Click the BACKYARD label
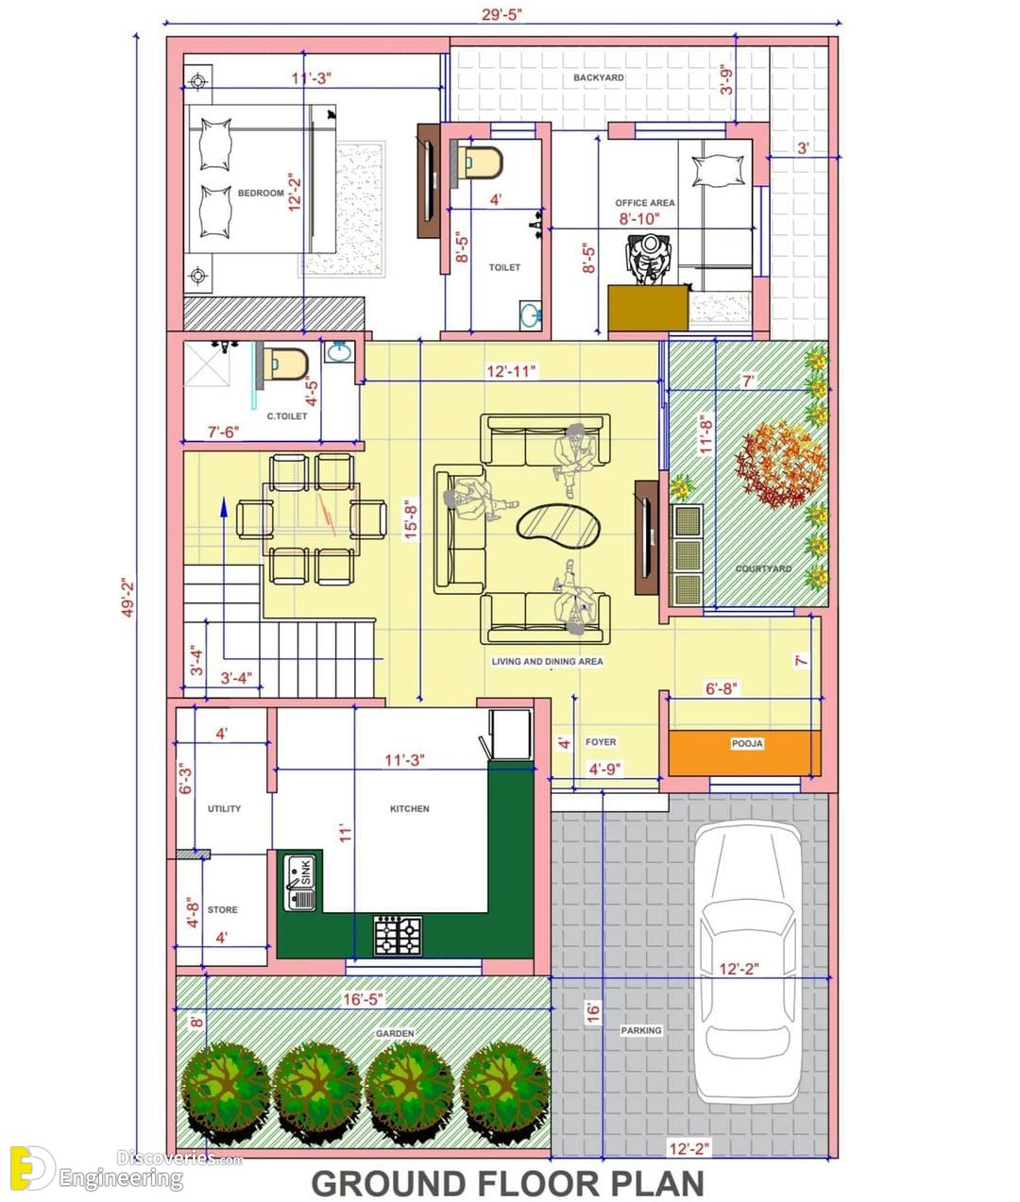pos(599,77)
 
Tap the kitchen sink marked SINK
pos(300,882)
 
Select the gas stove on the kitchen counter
pos(398,936)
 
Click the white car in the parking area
pos(748,961)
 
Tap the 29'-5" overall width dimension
pos(501,14)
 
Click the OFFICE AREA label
pos(645,203)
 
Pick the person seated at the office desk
pos(649,258)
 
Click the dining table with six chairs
pos(311,518)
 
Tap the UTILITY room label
pos(224,808)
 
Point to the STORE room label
pos(222,909)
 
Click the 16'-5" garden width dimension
pos(363,999)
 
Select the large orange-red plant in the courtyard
pos(779,464)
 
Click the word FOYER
pos(601,742)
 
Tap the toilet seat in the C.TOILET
pos(285,364)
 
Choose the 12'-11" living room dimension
pos(511,371)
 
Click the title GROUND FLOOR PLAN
pos(508,1182)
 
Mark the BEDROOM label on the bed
pos(261,193)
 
